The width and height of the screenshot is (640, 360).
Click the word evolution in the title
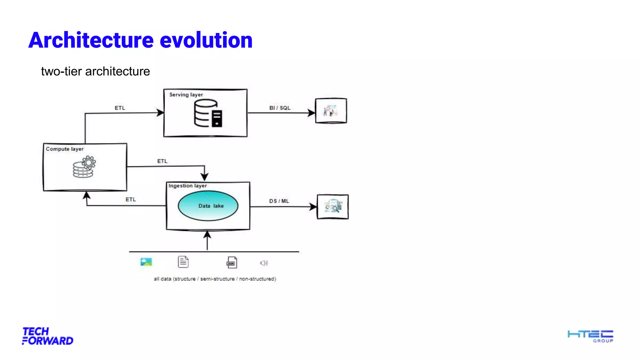[206, 41]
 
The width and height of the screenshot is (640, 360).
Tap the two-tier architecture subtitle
[95, 72]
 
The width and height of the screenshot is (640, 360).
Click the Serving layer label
[186, 95]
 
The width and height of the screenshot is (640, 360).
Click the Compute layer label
[65, 149]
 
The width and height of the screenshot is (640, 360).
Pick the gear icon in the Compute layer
[88, 163]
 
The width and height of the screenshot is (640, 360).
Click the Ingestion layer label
[187, 186]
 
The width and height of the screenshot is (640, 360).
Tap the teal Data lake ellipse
[208, 206]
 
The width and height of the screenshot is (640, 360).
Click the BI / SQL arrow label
[280, 108]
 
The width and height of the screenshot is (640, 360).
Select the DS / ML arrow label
[279, 201]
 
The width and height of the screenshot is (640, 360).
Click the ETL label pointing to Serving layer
[120, 108]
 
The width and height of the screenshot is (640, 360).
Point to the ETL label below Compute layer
[131, 199]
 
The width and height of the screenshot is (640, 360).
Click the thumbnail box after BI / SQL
[331, 111]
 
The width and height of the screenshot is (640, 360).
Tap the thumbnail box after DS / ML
[332, 207]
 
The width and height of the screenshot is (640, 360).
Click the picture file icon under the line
[146, 262]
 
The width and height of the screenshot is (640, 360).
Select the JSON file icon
[232, 262]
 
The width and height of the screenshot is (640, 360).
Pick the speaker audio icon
[264, 263]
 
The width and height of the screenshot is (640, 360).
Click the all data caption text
[215, 279]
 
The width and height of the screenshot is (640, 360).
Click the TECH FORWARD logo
[47, 336]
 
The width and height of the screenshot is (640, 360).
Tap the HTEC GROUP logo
[590, 336]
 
